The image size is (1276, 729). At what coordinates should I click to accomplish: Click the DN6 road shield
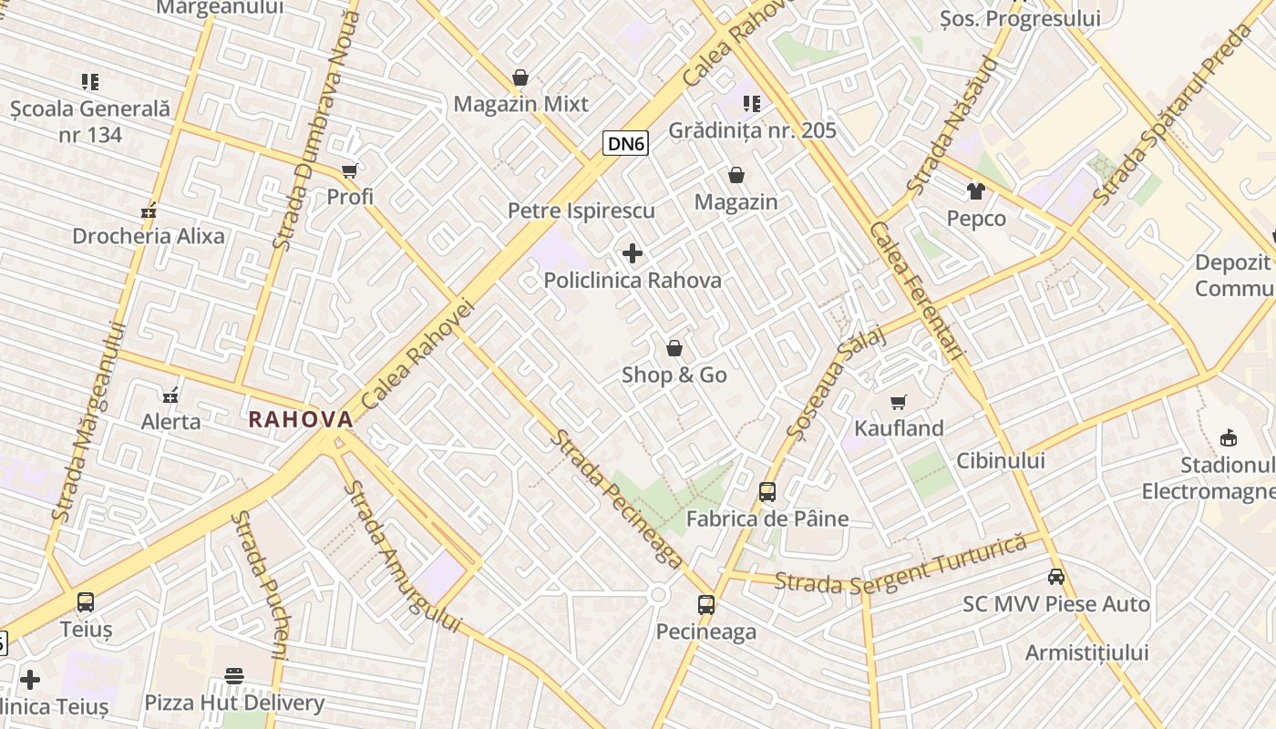pos(625,143)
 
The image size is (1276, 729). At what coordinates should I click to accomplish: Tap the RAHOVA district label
pos(301,419)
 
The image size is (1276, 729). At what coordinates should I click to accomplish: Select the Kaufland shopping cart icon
pos(899,402)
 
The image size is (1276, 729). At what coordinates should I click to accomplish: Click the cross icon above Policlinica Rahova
pos(633,253)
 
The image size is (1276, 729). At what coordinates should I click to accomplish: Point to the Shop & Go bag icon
pos(674,348)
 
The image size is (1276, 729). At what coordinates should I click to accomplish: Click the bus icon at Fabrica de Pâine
pos(767,492)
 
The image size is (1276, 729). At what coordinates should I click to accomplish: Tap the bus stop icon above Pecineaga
pos(706,604)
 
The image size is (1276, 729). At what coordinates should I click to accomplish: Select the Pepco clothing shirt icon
pos(976,191)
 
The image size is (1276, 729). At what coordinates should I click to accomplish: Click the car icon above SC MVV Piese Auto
pos(1056,577)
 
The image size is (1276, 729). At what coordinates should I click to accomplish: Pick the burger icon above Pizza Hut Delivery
pos(234,676)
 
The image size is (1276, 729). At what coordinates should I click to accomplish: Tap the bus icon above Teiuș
pos(86,602)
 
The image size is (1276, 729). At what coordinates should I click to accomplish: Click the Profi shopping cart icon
pos(350,170)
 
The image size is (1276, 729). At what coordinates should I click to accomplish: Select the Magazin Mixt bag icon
pos(520,77)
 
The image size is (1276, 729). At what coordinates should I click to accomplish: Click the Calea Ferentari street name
pos(917,292)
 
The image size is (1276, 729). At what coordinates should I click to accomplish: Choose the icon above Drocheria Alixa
pos(149,211)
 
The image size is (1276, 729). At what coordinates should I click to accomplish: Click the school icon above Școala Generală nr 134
pos(90,82)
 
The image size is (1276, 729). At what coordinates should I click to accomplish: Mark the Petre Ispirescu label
pos(581,210)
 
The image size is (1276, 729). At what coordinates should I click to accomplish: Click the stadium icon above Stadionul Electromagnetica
pos(1228,438)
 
